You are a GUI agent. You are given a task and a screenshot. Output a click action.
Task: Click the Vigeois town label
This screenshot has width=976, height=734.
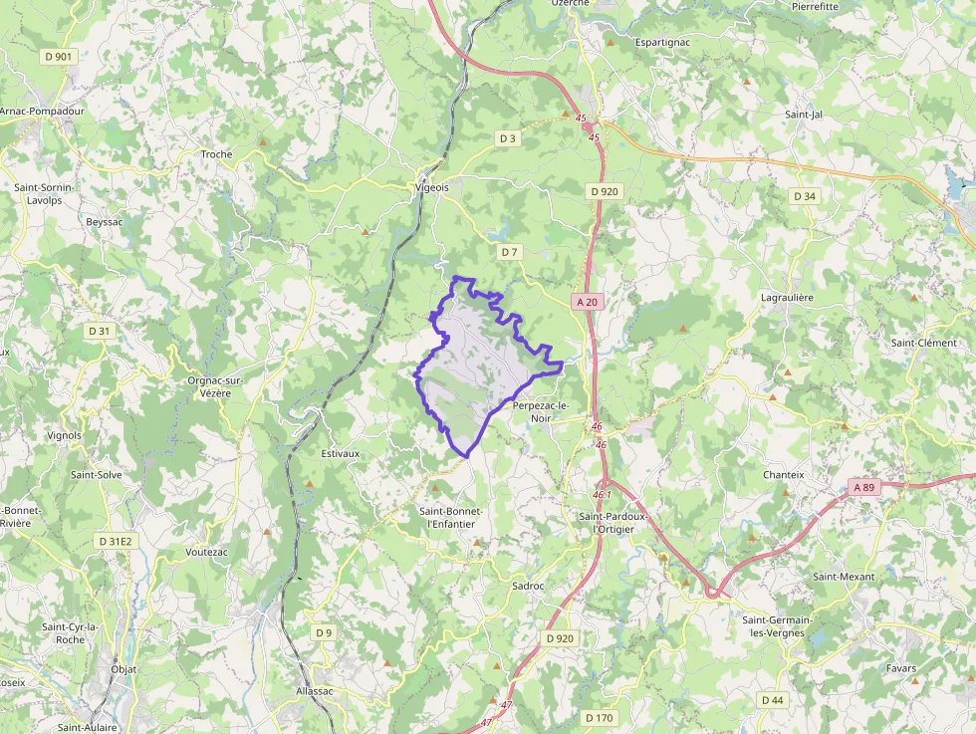[431, 187]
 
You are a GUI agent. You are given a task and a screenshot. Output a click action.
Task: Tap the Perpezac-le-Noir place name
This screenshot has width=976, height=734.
[541, 412]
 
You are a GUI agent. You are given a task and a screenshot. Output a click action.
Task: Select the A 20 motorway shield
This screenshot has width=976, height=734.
[587, 301]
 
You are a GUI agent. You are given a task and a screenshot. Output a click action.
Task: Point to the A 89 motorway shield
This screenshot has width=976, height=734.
[863, 487]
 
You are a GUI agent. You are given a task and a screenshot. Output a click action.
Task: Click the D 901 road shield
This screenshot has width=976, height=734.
[59, 57]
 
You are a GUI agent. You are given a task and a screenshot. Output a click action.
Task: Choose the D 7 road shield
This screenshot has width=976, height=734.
[509, 252]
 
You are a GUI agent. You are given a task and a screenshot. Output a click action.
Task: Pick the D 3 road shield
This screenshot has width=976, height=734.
[508, 137]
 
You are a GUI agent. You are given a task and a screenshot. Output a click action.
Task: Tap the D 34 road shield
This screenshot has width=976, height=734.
[804, 196]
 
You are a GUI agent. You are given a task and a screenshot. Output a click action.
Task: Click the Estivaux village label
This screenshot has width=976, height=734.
[341, 453]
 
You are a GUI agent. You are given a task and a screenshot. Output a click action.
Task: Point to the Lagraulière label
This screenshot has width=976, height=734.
[787, 297]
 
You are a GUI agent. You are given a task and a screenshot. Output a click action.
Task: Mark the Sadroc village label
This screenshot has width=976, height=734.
[528, 586]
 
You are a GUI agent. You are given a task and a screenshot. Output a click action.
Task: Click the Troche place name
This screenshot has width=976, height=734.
[216, 154]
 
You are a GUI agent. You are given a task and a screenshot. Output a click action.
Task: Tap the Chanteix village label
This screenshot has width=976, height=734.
[783, 475]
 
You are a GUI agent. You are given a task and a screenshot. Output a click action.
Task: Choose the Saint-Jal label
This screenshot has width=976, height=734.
[804, 115]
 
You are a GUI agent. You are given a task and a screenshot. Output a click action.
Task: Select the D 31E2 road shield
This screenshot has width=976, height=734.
[116, 541]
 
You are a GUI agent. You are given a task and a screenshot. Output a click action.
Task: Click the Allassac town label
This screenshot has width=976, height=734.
[315, 690]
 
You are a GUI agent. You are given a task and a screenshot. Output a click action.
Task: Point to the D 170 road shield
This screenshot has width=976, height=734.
[600, 717]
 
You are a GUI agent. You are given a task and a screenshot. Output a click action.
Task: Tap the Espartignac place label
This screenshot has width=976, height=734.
[663, 43]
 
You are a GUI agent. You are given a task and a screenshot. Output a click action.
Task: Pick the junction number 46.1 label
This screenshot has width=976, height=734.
[602, 494]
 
